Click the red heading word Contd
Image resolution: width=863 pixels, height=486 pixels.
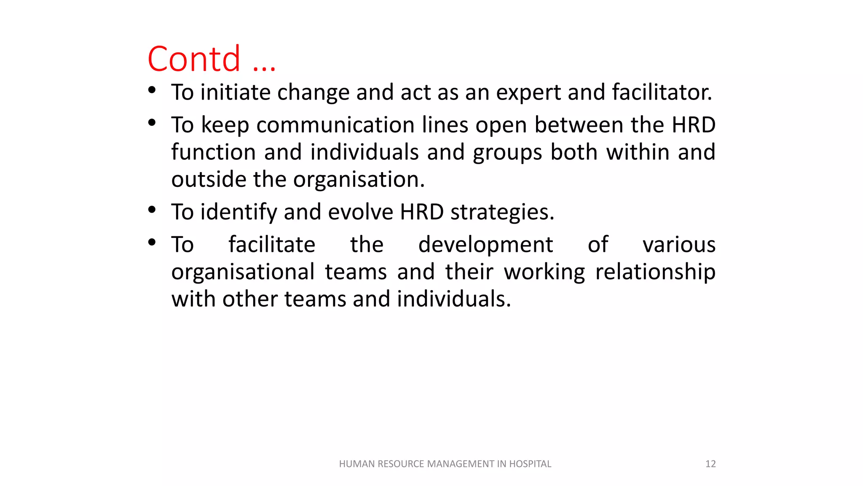coord(194,59)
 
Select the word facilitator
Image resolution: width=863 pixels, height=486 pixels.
coord(662,92)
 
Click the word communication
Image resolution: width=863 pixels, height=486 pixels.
coord(335,125)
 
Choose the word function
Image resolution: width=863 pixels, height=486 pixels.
coord(213,152)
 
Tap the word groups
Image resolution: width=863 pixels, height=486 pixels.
coord(507,153)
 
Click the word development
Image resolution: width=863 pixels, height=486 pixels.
coord(485,245)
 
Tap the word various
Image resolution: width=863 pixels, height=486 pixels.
coord(679,245)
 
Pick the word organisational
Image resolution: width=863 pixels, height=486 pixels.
coord(243,272)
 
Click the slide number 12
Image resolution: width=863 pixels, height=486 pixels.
coord(710,464)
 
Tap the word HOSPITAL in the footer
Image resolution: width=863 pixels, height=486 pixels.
coord(530,464)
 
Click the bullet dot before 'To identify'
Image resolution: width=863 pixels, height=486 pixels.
coord(152,210)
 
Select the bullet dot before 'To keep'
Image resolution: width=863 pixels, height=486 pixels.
coord(152,123)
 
